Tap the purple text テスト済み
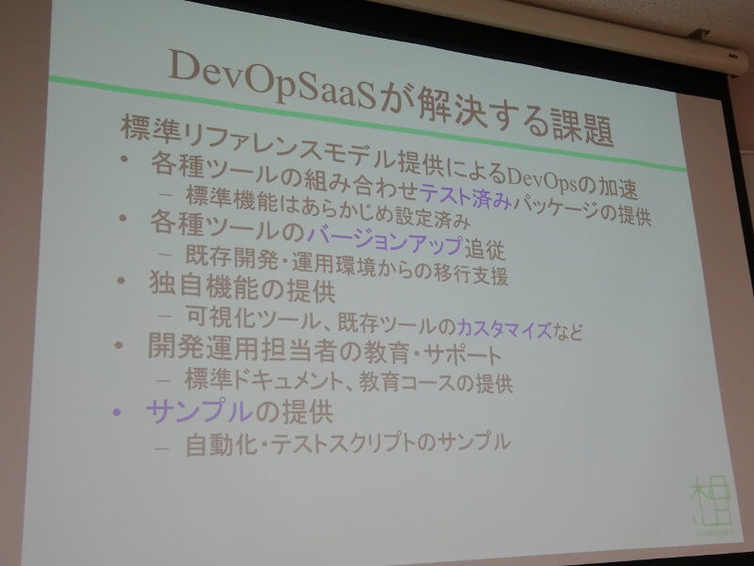coord(465,196)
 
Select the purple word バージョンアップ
coord(385,240)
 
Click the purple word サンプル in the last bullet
coord(200,411)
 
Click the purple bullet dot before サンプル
coord(116,412)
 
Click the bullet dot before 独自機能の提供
coord(122,279)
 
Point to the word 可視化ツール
coord(254,318)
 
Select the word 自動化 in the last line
coord(221,444)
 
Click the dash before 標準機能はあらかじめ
coord(166,195)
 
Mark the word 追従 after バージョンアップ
coord(484,249)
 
